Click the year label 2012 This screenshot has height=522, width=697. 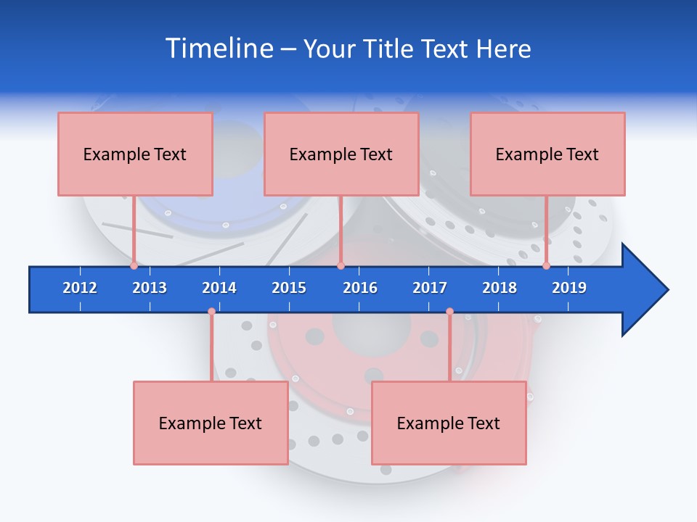[80, 288]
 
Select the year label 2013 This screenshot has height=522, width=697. [150, 288]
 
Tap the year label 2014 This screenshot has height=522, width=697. [219, 288]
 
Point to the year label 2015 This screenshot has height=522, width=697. [289, 288]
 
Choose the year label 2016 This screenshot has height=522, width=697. [360, 288]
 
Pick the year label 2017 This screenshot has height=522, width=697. [430, 288]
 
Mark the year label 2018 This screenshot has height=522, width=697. [500, 288]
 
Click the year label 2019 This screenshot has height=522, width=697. [569, 288]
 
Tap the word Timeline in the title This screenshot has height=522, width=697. [219, 49]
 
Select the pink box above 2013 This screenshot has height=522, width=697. [135, 154]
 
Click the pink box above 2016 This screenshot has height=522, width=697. [341, 154]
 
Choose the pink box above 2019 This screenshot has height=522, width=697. [547, 154]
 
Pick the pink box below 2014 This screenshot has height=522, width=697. [211, 423]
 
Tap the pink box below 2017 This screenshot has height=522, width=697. [449, 423]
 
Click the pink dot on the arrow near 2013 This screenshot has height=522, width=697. [134, 266]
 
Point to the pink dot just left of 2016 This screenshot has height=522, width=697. [341, 266]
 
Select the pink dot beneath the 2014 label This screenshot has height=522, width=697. [211, 312]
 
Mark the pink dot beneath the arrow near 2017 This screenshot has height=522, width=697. [449, 312]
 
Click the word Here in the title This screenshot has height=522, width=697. [503, 49]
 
